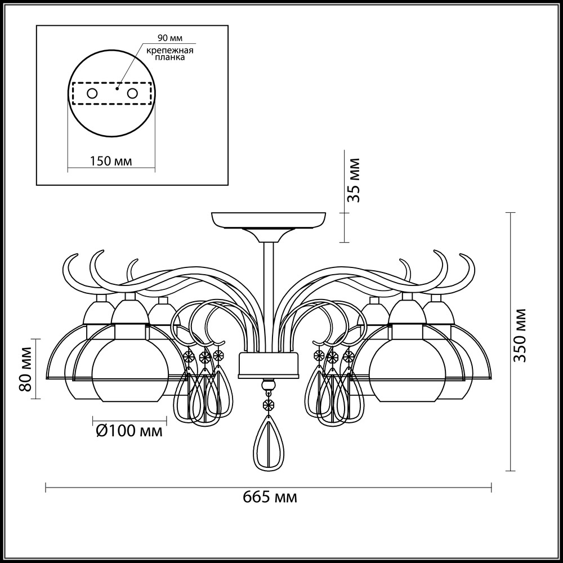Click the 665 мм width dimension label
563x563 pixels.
[x=270, y=498]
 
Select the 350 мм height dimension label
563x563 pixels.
[x=520, y=335]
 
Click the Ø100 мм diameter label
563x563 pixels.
[x=129, y=431]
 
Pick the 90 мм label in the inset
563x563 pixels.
[x=170, y=38]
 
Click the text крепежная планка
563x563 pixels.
[x=170, y=53]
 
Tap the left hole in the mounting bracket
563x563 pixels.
[x=92, y=93]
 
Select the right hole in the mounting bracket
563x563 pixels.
[x=132, y=93]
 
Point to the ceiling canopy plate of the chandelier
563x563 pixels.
[x=269, y=221]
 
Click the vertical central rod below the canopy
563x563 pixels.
[x=269, y=297]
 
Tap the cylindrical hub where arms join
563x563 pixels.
[x=268, y=365]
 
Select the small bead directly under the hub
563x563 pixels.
[x=268, y=386]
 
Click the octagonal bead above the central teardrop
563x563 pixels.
[x=268, y=404]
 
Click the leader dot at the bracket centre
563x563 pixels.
[x=117, y=88]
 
